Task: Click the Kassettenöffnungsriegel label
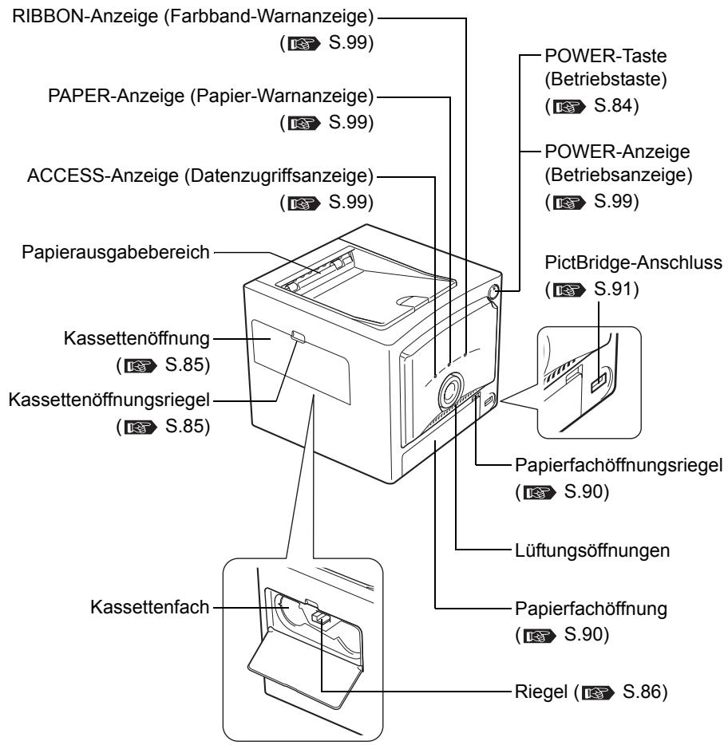pos(107,375)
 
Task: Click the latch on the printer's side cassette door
pos(297,338)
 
